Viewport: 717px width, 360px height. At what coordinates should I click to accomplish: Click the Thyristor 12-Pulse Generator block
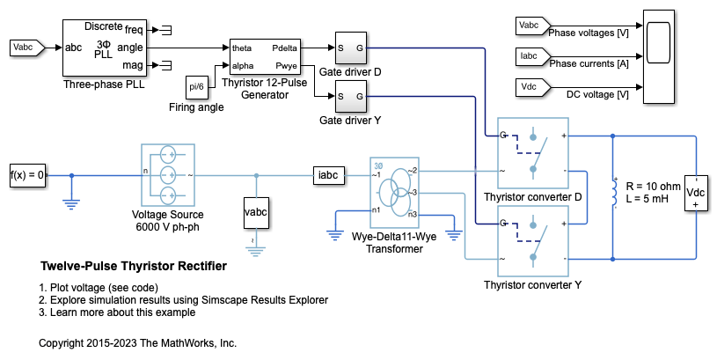tap(265, 55)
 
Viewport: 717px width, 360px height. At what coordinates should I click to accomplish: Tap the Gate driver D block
tap(349, 48)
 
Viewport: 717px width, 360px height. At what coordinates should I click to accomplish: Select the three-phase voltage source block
tap(166, 174)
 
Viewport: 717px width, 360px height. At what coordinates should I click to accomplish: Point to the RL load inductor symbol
tap(612, 193)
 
